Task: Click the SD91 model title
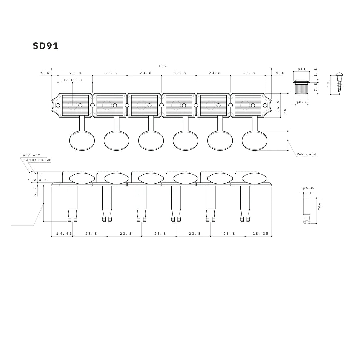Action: pyautogui.click(x=46, y=46)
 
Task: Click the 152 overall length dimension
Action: pyautogui.click(x=162, y=66)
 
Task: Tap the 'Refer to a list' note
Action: pyautogui.click(x=306, y=154)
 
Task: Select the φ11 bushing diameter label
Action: pyautogui.click(x=301, y=69)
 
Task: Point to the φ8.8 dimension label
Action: pyautogui.click(x=302, y=102)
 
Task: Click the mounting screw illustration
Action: pyautogui.click(x=339, y=83)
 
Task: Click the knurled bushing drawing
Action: pyautogui.click(x=301, y=87)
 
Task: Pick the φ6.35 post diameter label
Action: pyautogui.click(x=308, y=188)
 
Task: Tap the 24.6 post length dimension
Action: pyautogui.click(x=319, y=206)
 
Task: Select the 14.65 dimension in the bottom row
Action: pyautogui.click(x=64, y=234)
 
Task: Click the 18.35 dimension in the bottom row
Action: pyautogui.click(x=260, y=234)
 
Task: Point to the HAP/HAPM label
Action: pyautogui.click(x=30, y=155)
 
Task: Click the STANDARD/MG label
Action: pyautogui.click(x=36, y=160)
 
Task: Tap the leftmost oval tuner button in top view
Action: pyautogui.click(x=82, y=141)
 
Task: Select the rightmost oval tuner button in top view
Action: pyautogui.click(x=254, y=141)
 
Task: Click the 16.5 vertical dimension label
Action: pyautogui.click(x=278, y=106)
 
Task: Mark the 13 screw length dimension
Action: pyautogui.click(x=328, y=84)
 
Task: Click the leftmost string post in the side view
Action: pyautogui.click(x=72, y=203)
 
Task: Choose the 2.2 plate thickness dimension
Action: pyautogui.click(x=35, y=191)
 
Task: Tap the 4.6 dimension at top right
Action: pyautogui.click(x=280, y=73)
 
